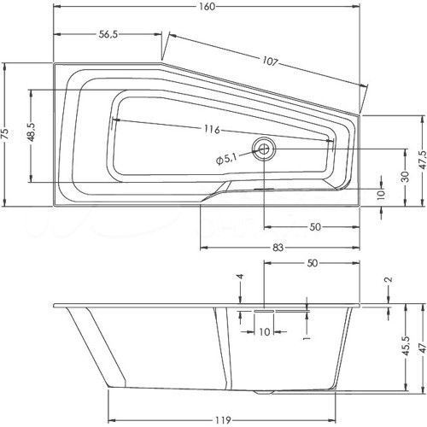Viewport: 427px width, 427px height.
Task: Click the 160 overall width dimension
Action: point(207,6)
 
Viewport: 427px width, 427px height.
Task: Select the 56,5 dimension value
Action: point(108,34)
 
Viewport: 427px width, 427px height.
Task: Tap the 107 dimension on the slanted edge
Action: point(269,61)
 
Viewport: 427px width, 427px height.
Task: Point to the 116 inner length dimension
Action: point(213,130)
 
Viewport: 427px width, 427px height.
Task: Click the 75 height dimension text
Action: point(6,134)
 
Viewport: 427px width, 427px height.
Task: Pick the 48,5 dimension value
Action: point(31,132)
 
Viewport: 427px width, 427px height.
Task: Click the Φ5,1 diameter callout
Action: point(226,159)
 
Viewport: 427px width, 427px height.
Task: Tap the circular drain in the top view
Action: point(264,149)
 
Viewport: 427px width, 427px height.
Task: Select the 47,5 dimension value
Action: point(423,160)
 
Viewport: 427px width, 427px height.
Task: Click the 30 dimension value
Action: point(407,177)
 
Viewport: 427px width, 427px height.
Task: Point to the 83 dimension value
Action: point(278,248)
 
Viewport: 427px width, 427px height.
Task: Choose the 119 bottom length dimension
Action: point(223,420)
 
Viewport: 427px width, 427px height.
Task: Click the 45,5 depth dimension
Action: point(407,346)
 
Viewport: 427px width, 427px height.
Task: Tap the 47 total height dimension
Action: point(423,348)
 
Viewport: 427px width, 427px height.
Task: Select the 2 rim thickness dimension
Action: point(389,279)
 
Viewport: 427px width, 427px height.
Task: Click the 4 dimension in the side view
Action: point(241,277)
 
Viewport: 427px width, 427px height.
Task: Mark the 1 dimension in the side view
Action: point(307,338)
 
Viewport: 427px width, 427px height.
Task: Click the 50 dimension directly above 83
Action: point(315,227)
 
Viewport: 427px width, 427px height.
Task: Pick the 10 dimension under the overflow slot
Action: point(265,331)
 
